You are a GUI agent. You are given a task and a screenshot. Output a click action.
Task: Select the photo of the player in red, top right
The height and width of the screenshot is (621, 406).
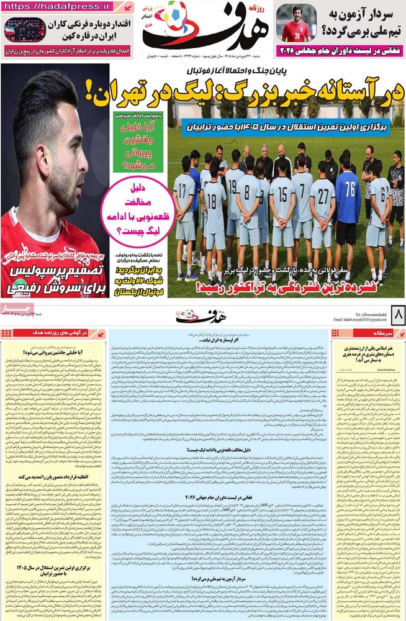tap(295, 24)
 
